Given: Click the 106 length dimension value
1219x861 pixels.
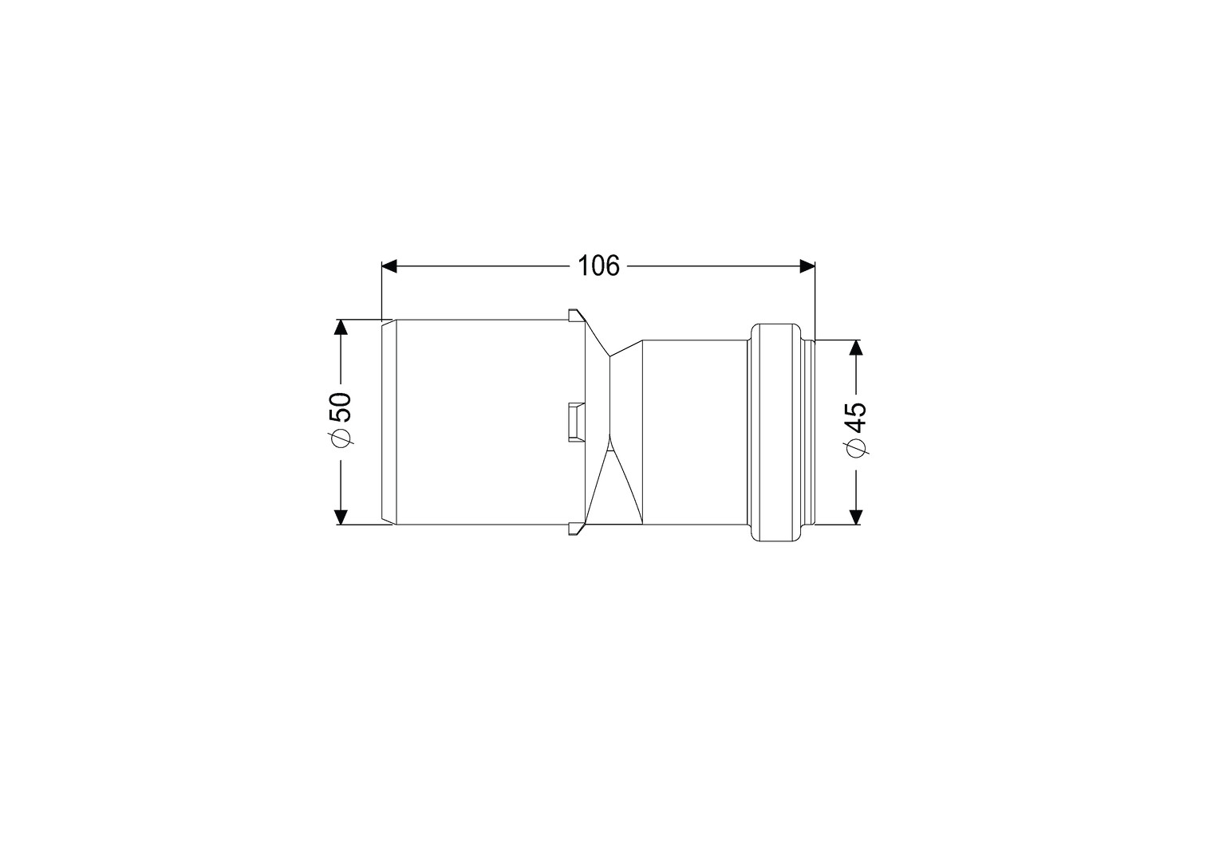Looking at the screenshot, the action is click(x=598, y=266).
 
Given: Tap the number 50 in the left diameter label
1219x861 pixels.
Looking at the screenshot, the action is click(x=341, y=407).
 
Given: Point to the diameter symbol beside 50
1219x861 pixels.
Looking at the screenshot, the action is click(x=341, y=438).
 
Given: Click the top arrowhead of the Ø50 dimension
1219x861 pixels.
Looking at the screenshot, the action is click(x=341, y=328).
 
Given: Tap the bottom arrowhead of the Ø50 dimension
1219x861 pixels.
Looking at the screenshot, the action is click(x=341, y=517).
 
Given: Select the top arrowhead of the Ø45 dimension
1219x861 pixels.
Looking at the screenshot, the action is click(x=855, y=348).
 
